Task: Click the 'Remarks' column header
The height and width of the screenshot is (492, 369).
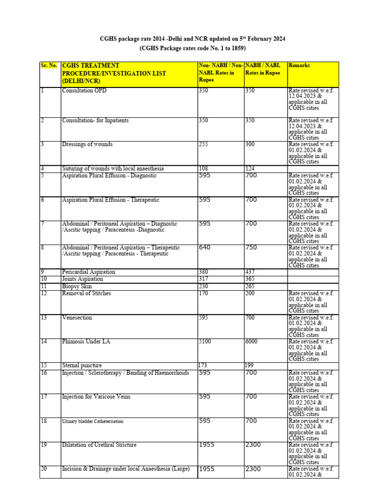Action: point(299,65)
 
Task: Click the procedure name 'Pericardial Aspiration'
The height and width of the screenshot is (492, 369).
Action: point(88,272)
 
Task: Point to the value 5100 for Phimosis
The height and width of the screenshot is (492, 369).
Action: point(205,342)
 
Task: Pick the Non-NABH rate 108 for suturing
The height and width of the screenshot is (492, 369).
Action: point(203,169)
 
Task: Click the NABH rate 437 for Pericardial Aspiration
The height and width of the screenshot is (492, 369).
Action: point(250,272)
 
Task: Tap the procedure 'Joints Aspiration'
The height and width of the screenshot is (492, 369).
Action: point(83,279)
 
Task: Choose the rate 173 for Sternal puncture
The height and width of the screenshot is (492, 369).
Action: point(203,366)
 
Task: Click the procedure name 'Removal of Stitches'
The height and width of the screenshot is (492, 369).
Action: point(86,294)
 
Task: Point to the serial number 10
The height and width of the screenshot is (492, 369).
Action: point(44,279)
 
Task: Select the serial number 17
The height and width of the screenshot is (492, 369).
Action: point(44,397)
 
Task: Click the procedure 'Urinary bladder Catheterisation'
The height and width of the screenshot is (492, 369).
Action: point(93,421)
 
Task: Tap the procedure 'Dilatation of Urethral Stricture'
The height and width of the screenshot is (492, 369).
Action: point(99,445)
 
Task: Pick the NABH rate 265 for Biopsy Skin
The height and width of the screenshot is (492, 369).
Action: point(250,286)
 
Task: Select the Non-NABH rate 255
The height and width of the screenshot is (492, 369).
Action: point(203,145)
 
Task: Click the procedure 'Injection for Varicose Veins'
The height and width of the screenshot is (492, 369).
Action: point(96,397)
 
